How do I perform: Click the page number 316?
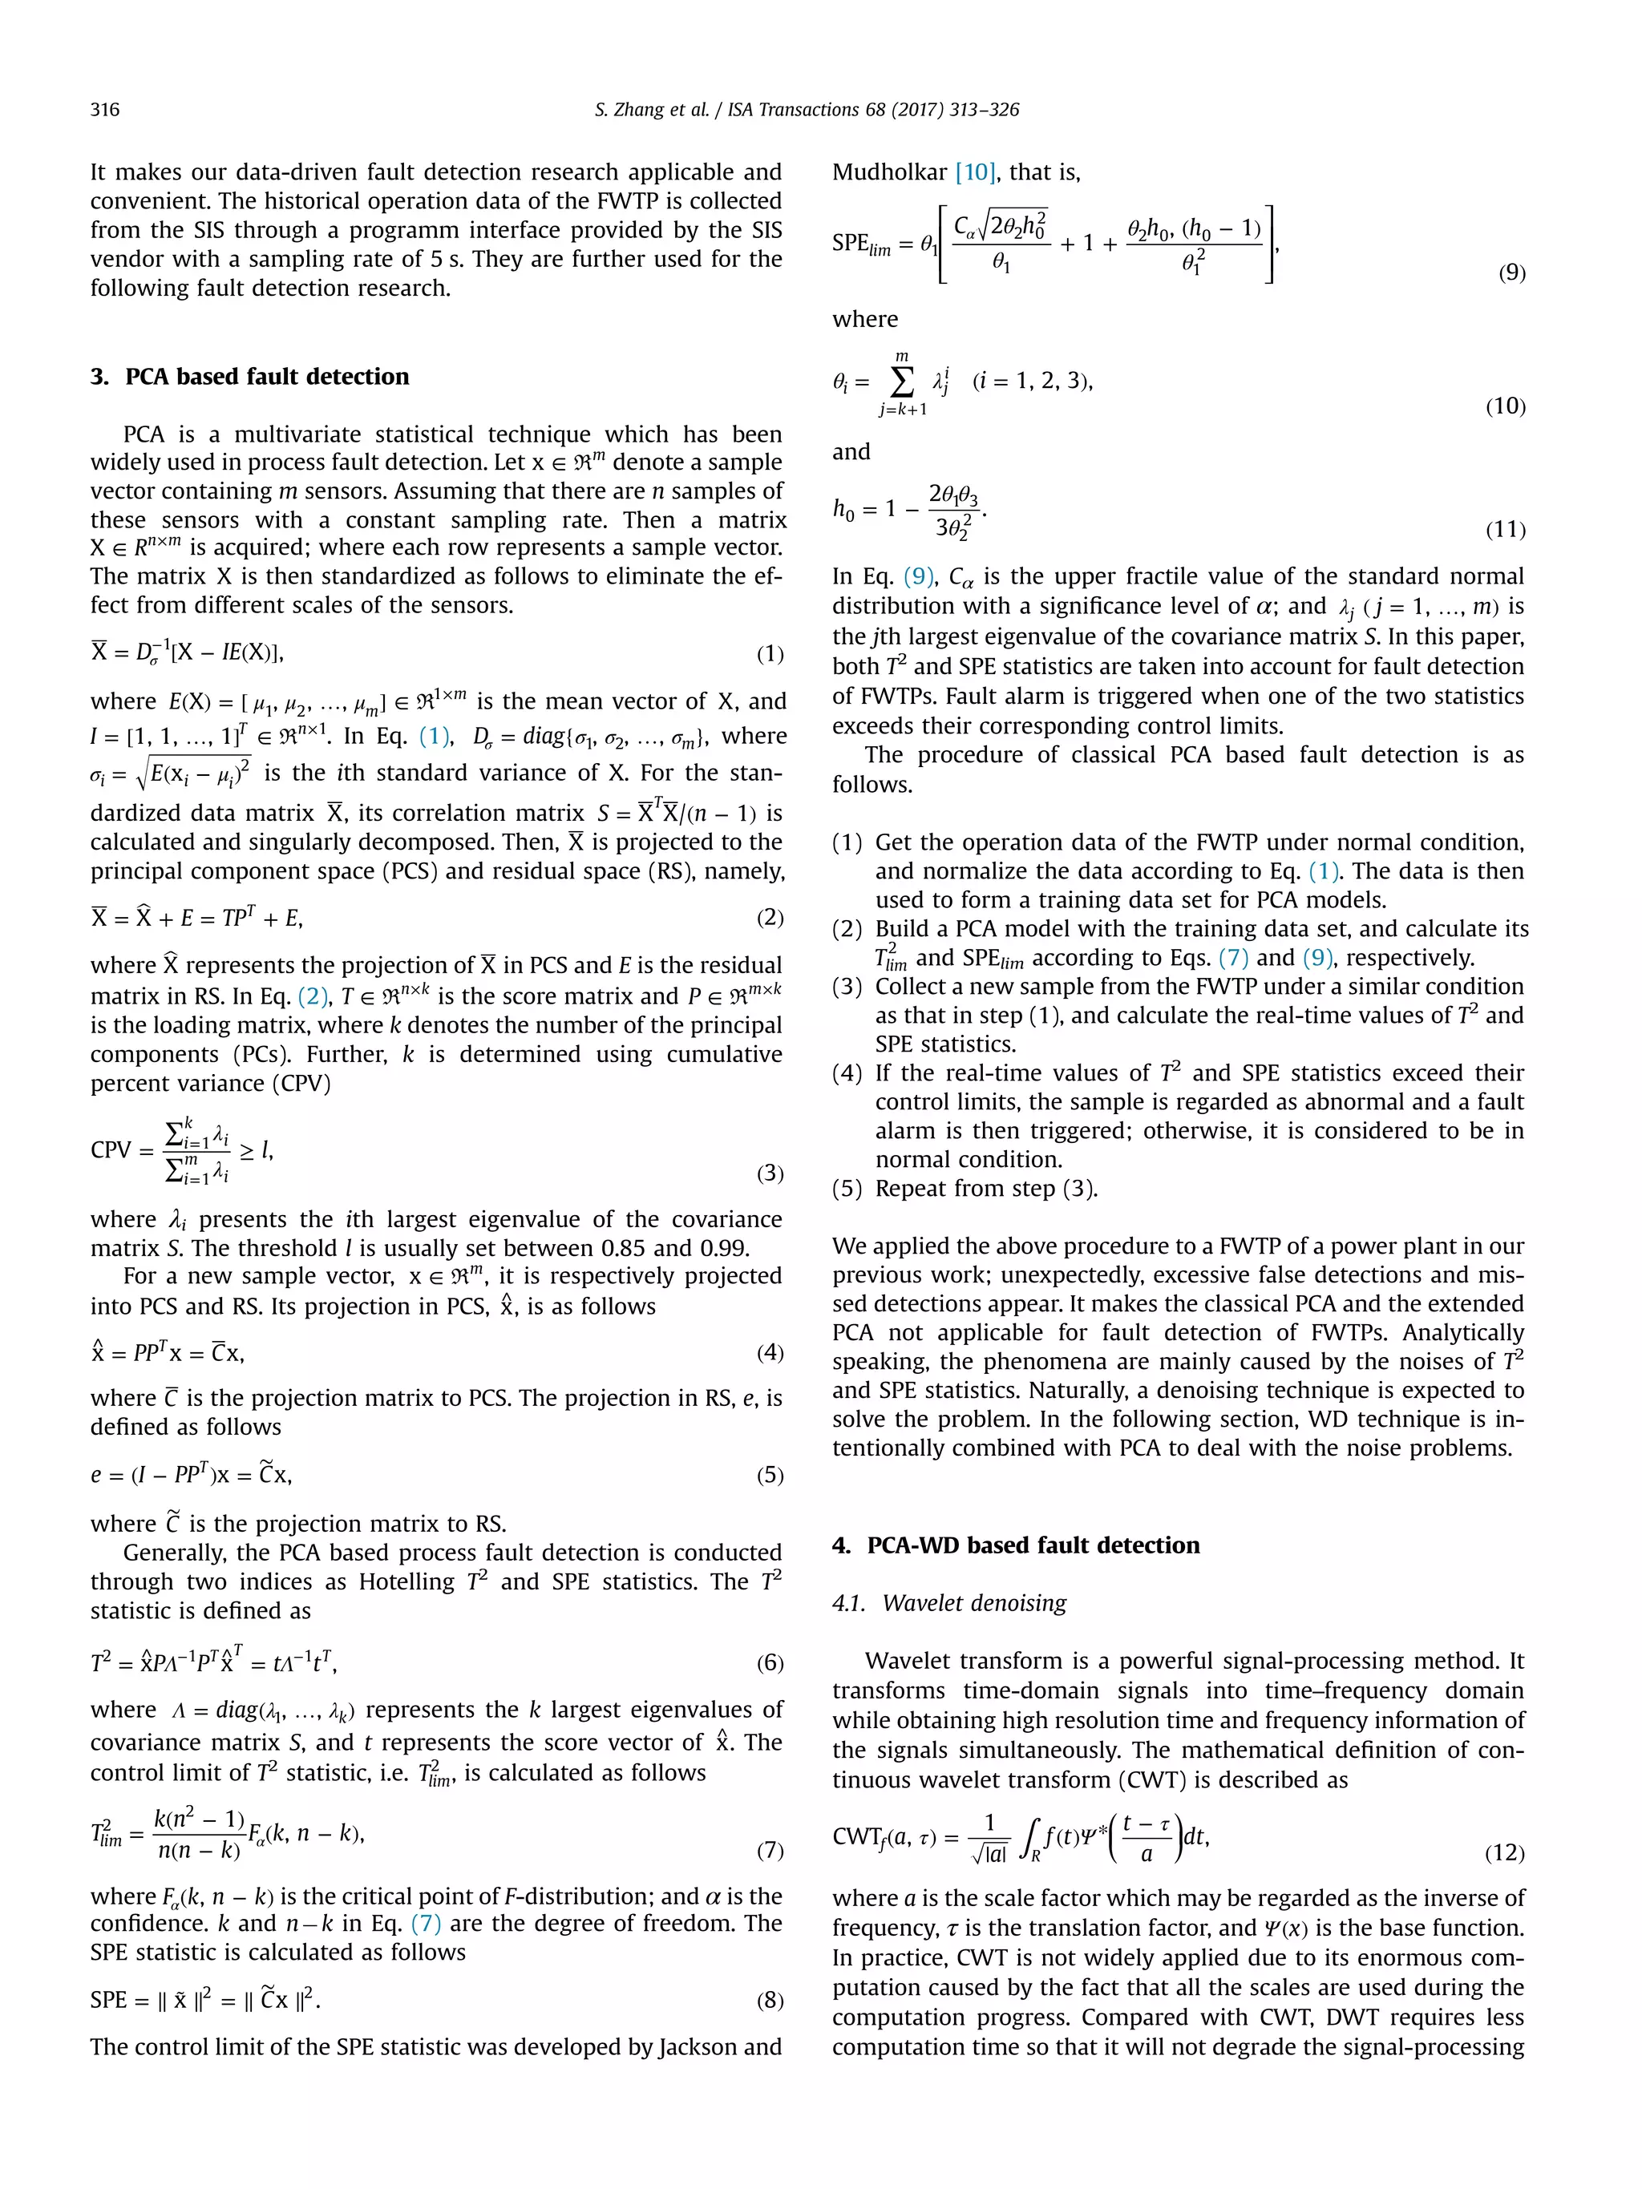105,110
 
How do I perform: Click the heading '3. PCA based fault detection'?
249,376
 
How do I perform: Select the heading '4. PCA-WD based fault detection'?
1016,1545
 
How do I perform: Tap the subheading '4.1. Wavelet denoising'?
949,1603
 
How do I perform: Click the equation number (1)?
769,653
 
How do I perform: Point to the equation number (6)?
769,1662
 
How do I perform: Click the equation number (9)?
1511,273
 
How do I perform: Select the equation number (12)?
1504,1852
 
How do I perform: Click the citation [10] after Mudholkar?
974,172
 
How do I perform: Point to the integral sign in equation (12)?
1026,1839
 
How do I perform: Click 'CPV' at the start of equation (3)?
111,1150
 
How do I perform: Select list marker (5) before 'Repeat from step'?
848,1189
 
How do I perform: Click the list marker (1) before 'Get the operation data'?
848,842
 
